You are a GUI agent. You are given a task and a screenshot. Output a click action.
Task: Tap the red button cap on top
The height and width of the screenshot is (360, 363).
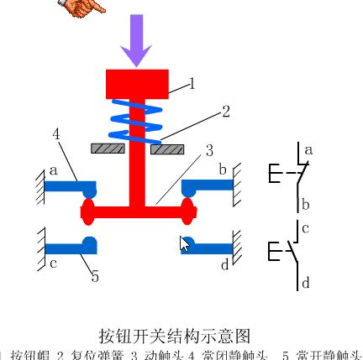(x=137, y=84)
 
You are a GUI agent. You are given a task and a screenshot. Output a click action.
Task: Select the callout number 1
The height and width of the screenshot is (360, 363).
(x=192, y=83)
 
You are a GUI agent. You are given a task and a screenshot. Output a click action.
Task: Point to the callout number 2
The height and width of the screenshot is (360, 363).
(x=226, y=111)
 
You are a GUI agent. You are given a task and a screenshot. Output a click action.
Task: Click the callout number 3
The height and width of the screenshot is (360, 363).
(x=209, y=151)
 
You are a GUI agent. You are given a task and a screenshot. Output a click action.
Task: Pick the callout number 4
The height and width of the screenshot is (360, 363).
(x=56, y=134)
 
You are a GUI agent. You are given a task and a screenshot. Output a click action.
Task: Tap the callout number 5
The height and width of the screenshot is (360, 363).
(x=95, y=276)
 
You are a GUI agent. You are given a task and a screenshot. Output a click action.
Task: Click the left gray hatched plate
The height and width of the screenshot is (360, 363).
(x=108, y=149)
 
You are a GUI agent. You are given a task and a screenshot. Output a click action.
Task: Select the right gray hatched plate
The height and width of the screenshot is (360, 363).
(x=167, y=149)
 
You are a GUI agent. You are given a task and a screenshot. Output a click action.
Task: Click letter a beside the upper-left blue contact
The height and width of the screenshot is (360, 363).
(x=53, y=170)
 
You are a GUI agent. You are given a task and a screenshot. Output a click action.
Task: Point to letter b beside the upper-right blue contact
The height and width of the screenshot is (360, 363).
(x=223, y=170)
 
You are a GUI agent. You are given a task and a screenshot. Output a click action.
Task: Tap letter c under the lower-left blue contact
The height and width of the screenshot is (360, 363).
(x=53, y=263)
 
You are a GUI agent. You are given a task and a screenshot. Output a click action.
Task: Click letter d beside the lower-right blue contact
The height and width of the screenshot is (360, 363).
(x=224, y=264)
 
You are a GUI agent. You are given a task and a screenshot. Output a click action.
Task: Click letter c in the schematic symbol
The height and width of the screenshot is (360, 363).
(x=306, y=227)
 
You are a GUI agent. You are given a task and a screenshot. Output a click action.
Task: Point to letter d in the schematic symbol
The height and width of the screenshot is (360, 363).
(x=306, y=283)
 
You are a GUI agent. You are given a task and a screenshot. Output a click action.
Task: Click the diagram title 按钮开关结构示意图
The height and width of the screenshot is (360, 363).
(x=175, y=336)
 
